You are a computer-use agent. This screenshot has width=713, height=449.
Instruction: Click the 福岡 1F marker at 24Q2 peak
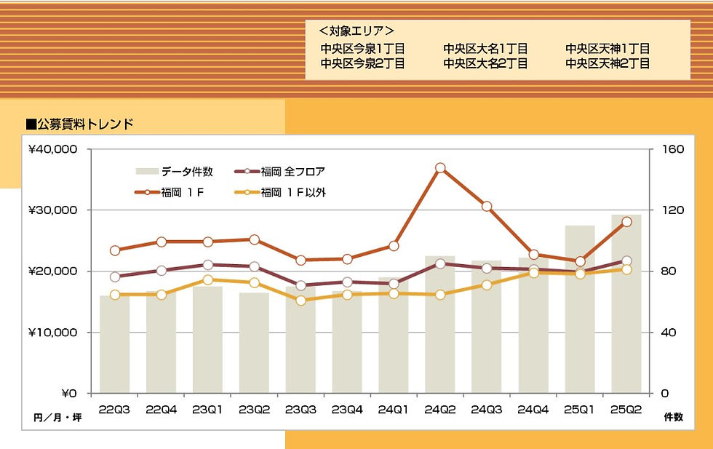(440, 168)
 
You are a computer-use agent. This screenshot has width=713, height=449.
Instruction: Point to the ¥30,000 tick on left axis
(52, 210)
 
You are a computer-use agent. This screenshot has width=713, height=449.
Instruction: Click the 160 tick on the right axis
(674, 149)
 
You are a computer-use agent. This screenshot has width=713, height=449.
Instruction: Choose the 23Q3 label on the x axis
(300, 410)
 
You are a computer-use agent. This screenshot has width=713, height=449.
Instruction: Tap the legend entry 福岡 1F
(182, 193)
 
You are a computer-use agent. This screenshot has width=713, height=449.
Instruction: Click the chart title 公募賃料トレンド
(79, 124)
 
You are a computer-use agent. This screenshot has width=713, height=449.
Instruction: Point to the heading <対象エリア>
(356, 31)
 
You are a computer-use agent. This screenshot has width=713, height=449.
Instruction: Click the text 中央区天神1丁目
(607, 49)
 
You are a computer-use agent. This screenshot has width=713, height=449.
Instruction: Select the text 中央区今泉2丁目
(362, 63)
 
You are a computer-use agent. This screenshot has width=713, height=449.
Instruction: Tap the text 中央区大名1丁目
(485, 49)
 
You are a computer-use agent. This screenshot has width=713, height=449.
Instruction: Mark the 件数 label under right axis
(674, 417)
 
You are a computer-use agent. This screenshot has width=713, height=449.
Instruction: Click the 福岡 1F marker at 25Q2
(626, 222)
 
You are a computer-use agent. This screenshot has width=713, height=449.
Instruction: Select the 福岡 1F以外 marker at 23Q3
(300, 300)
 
